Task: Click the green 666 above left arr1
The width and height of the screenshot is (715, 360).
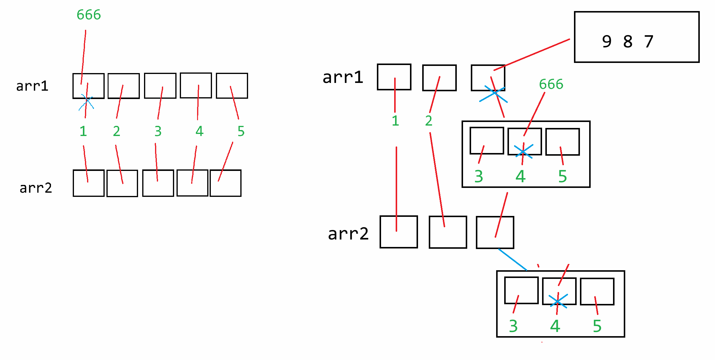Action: (x=89, y=15)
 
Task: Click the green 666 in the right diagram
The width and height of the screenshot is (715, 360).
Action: (x=551, y=84)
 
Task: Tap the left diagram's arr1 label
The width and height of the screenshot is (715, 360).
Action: (x=32, y=86)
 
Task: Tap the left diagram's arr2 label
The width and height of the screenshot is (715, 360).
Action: (x=36, y=188)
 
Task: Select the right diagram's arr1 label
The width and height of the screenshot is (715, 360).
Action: (x=343, y=77)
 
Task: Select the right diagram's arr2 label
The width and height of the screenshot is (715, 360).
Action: (x=348, y=234)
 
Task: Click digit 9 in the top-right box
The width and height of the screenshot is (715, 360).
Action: (x=607, y=41)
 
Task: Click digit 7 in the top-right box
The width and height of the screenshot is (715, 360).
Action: (x=649, y=41)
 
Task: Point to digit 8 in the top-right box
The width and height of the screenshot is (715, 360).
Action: (x=628, y=41)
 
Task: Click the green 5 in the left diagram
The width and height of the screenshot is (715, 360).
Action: (x=241, y=131)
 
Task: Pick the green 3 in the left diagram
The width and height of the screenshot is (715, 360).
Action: (x=158, y=131)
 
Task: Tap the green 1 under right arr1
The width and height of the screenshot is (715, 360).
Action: (x=395, y=121)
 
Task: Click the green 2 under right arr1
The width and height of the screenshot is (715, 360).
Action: (x=429, y=121)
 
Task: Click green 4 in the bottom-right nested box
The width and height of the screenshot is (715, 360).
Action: (x=555, y=326)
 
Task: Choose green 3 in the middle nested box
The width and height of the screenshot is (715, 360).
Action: (x=479, y=176)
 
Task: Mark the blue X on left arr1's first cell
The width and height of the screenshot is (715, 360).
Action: (x=86, y=102)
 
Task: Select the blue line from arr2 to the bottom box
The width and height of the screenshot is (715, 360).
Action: (x=513, y=259)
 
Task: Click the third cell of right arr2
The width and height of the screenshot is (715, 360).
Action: (x=495, y=232)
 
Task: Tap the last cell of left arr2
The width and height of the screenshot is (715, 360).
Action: (x=225, y=183)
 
